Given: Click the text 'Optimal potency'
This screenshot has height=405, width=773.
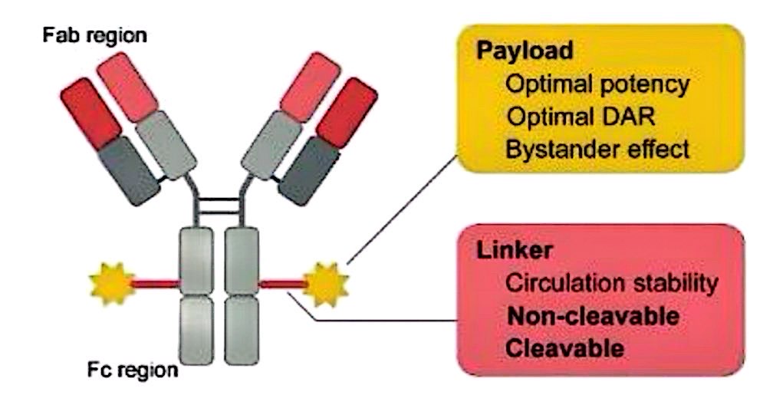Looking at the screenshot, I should point(597,84).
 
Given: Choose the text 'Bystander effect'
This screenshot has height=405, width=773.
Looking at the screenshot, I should point(597,150).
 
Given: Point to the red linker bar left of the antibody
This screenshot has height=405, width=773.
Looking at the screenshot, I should point(156,285).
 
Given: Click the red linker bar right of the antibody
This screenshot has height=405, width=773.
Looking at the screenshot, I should point(283,285).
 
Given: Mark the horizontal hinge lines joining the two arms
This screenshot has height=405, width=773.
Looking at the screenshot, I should point(220,206).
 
